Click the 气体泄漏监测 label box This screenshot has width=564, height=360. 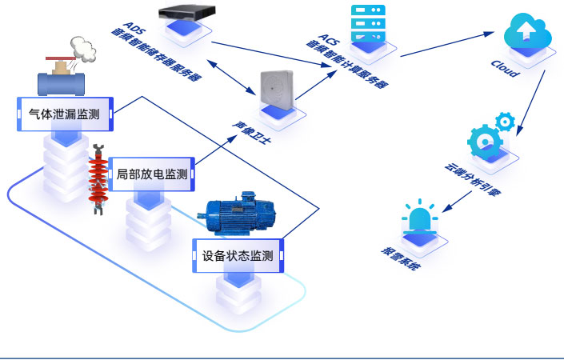65,114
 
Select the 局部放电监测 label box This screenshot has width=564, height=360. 152,174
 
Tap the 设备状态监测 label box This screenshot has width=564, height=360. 238,256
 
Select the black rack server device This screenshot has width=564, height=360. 187,14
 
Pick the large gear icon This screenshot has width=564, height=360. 486,142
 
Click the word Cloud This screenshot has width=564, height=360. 505,68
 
